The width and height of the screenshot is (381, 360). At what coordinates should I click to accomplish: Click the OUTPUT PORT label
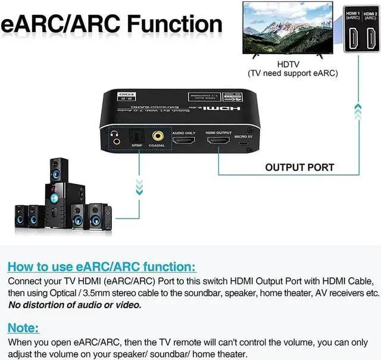(x=299, y=167)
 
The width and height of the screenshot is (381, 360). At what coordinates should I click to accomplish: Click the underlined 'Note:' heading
(x=24, y=328)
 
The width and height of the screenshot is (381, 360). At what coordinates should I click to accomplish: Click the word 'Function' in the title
(x=168, y=24)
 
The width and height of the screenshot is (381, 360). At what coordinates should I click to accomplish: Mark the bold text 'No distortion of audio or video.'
(x=75, y=305)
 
